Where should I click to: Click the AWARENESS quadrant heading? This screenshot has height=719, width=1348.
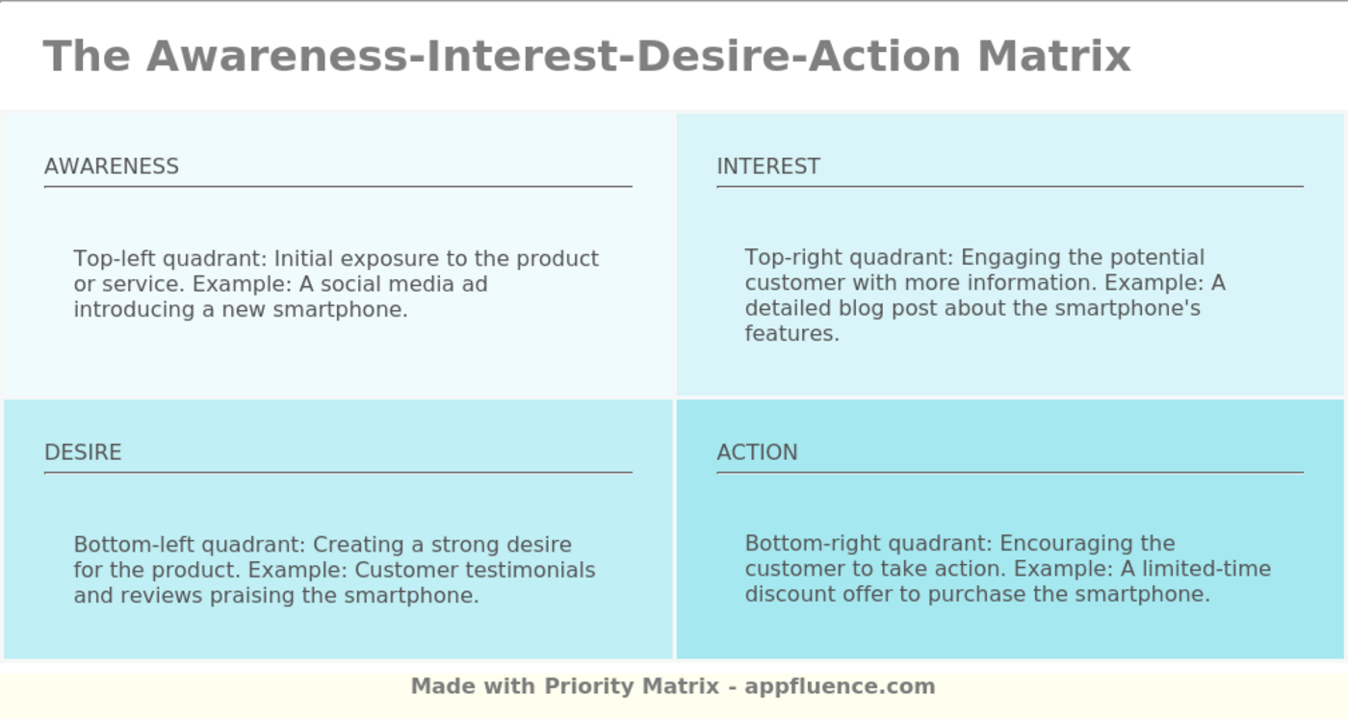[112, 167]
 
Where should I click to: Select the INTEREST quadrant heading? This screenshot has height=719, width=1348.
[768, 167]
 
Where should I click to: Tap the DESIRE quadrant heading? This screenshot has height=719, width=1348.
[83, 451]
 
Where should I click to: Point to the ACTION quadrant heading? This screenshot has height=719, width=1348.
[757, 451]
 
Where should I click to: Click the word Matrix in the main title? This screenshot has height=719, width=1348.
[1054, 57]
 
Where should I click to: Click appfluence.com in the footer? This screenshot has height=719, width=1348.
[840, 686]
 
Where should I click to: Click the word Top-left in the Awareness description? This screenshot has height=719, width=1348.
[115, 259]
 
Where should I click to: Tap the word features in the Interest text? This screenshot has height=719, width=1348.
[791, 333]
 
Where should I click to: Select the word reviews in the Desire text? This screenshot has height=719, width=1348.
[162, 595]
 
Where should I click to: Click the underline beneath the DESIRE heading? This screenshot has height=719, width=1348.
[338, 473]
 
